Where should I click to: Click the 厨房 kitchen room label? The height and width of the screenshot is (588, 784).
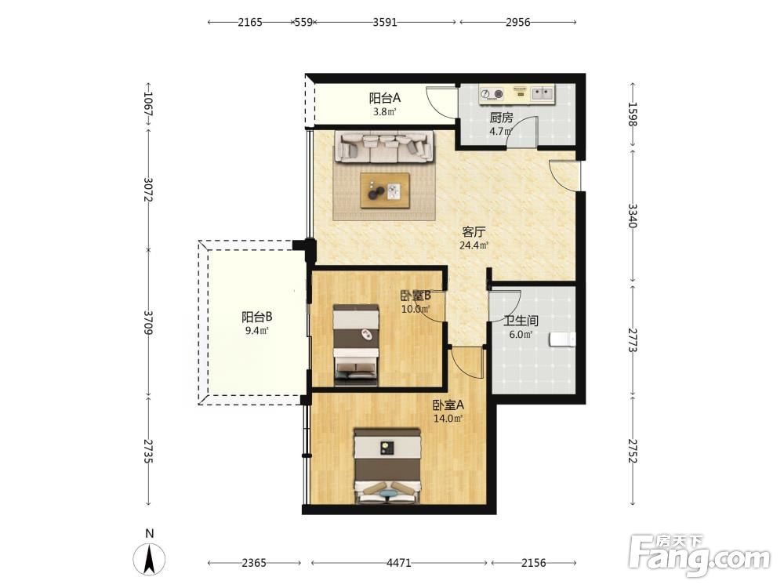[501, 118]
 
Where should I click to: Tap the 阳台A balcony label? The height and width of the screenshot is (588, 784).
[385, 98]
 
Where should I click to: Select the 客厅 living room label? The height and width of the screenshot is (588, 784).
[474, 231]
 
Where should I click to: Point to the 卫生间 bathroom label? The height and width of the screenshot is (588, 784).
[521, 321]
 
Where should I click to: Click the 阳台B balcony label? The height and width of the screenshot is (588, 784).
[257, 317]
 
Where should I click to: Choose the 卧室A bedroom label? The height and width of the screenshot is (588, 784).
[448, 405]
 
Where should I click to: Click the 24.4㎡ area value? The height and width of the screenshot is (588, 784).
[474, 245]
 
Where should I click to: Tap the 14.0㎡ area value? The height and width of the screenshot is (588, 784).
[448, 419]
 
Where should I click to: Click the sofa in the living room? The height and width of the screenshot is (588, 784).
[384, 147]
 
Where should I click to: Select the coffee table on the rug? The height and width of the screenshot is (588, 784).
[385, 191]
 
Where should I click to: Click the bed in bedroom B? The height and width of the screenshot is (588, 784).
[356, 345]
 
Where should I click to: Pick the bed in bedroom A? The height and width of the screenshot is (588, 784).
[387, 466]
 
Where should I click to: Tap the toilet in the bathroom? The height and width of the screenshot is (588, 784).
[562, 339]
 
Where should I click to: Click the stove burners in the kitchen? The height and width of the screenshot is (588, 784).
[492, 93]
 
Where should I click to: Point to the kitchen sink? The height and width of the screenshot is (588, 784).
[543, 93]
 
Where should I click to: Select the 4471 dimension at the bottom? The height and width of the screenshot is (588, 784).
[399, 563]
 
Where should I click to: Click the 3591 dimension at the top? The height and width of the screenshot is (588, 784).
[385, 22]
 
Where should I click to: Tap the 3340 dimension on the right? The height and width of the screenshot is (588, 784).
[633, 216]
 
